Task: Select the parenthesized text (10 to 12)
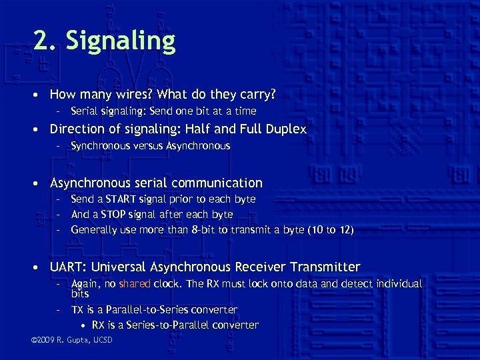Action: point(330,230)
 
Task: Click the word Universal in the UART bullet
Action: point(119,267)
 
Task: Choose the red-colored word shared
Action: point(135,284)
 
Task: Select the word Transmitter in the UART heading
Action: point(325,267)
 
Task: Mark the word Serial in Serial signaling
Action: point(84,111)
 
